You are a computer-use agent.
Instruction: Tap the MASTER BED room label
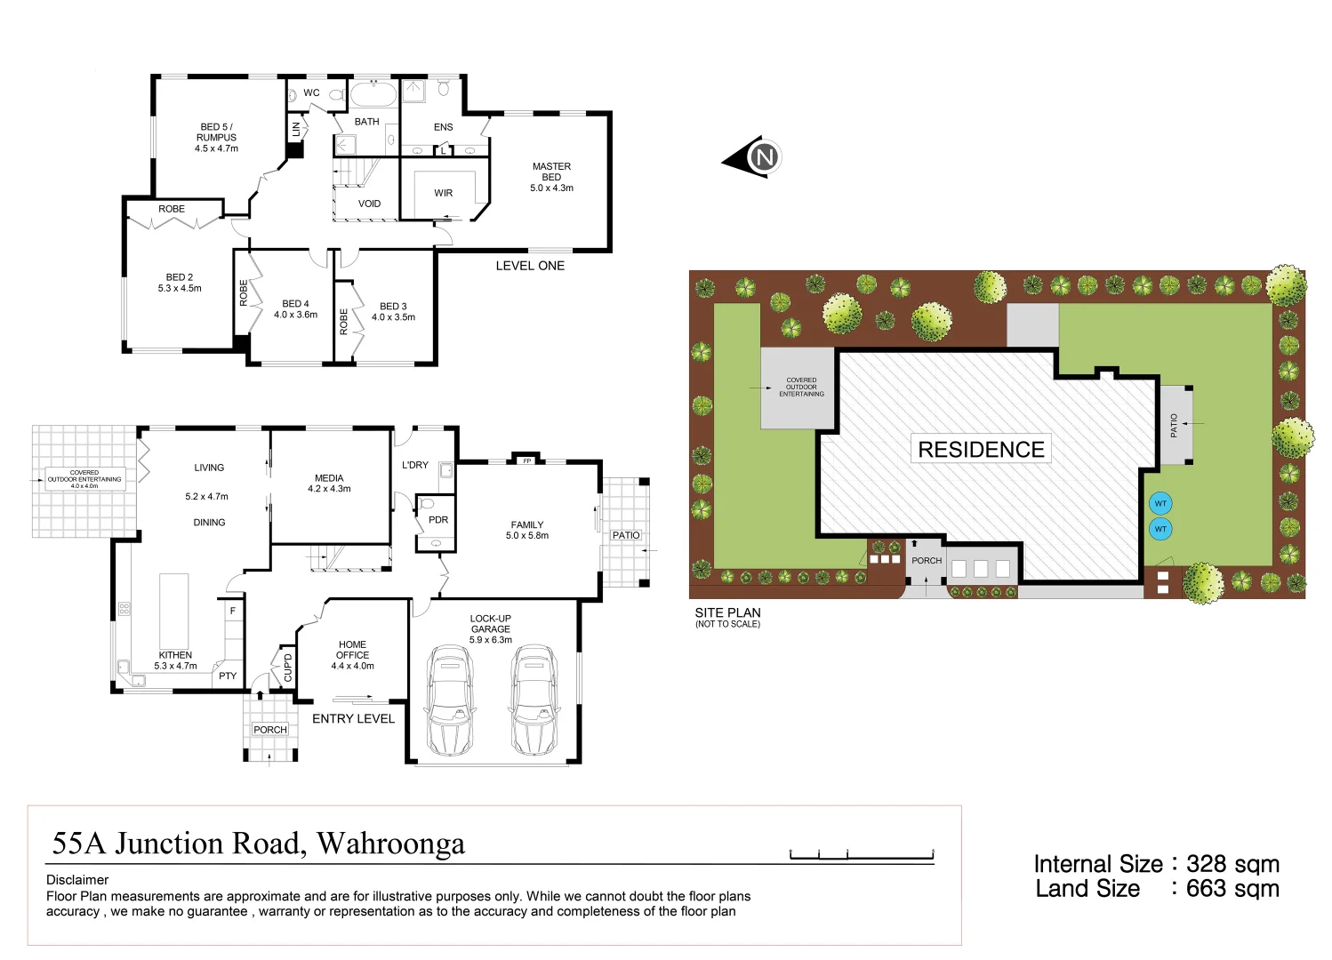click(x=551, y=177)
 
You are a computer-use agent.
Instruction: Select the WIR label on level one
click(x=444, y=193)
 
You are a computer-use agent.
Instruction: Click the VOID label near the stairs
click(x=369, y=204)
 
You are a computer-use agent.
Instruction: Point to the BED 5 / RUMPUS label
click(x=216, y=137)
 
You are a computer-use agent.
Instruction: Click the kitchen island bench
click(x=174, y=612)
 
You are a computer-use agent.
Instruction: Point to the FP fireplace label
click(x=526, y=460)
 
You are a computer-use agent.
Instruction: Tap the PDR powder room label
click(x=438, y=520)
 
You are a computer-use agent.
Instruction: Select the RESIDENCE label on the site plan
click(x=981, y=450)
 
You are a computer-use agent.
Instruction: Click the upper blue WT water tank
click(x=1159, y=504)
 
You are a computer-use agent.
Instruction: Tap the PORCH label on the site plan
click(x=927, y=561)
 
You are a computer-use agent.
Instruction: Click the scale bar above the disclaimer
click(x=861, y=855)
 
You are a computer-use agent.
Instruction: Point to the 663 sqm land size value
click(x=1232, y=889)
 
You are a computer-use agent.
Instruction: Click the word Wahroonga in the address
click(x=390, y=843)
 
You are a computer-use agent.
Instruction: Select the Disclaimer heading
click(x=77, y=880)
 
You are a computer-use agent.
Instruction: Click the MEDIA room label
click(x=329, y=478)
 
